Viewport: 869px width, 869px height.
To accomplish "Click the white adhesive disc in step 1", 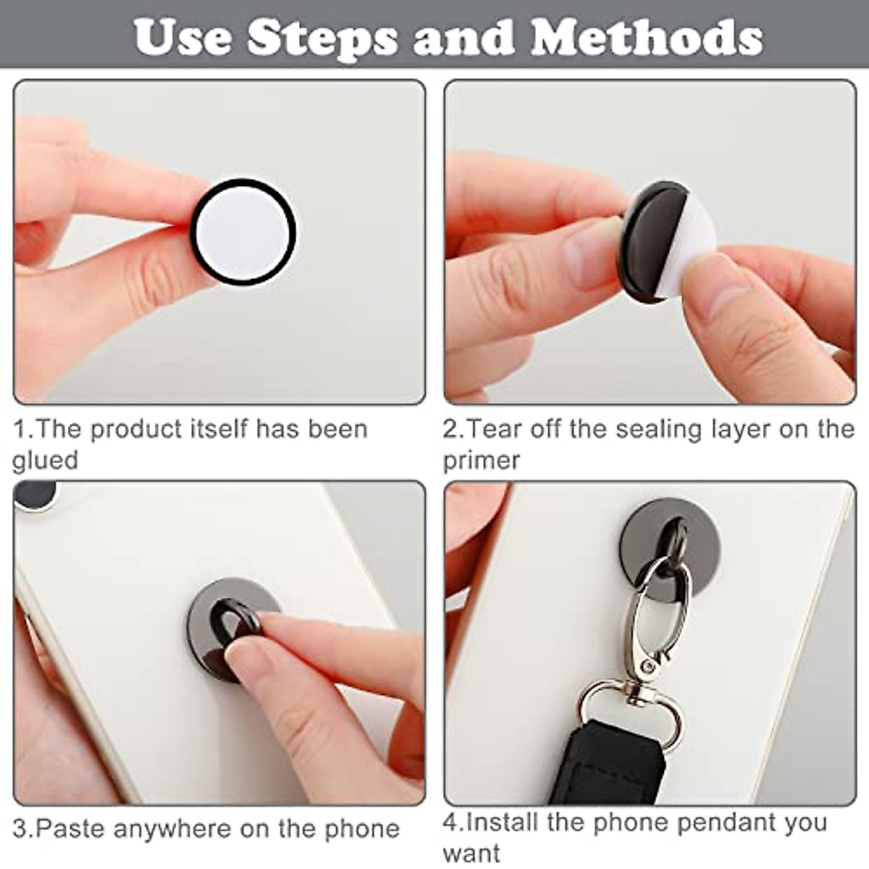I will click(x=243, y=232).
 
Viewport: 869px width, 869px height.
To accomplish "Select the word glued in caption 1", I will click(x=45, y=461).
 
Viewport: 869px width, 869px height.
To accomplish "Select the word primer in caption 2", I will click(x=481, y=461).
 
